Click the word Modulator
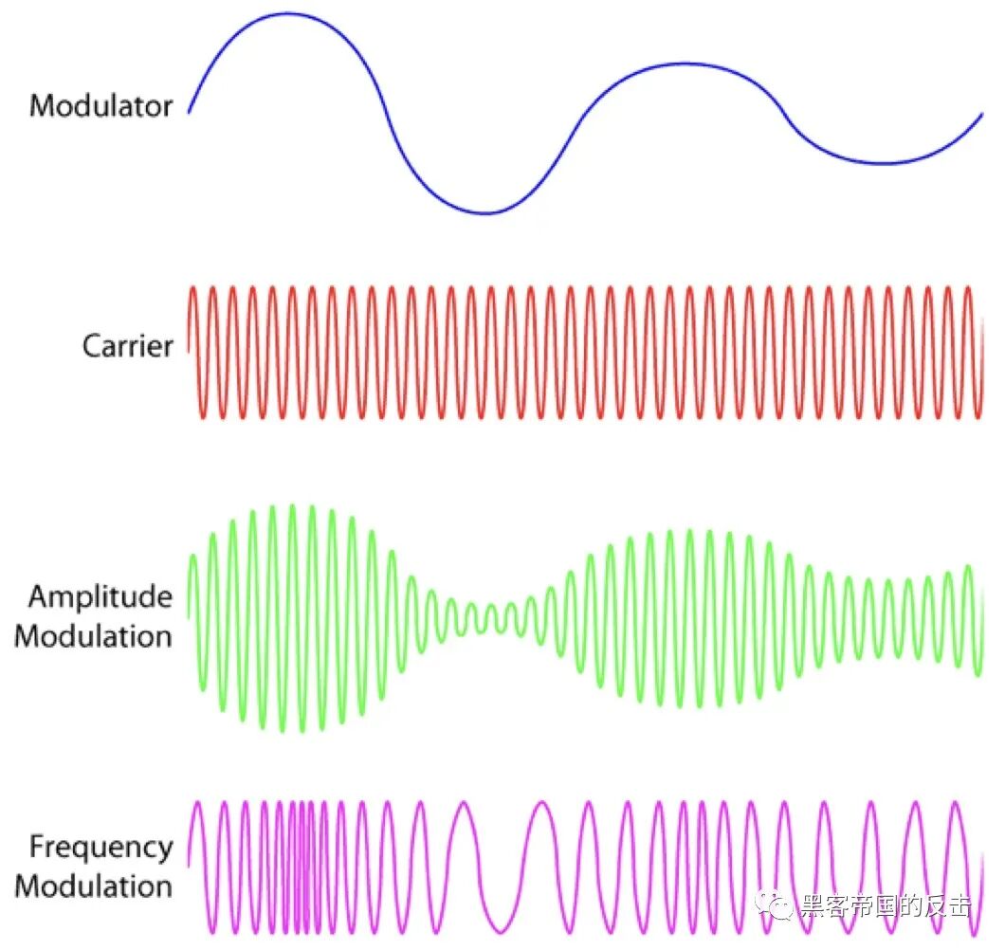[x=101, y=104]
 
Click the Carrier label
[x=128, y=345]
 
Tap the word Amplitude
[x=100, y=596]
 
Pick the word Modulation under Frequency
[x=94, y=886]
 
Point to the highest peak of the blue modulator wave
[x=286, y=14]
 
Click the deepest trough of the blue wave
[x=484, y=212]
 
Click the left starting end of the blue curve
[x=189, y=112]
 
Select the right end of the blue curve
[x=982, y=114]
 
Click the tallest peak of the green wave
[x=292, y=506]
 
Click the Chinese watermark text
[x=886, y=906]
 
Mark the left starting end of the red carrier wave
[x=189, y=351]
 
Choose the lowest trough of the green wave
[x=283, y=730]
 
